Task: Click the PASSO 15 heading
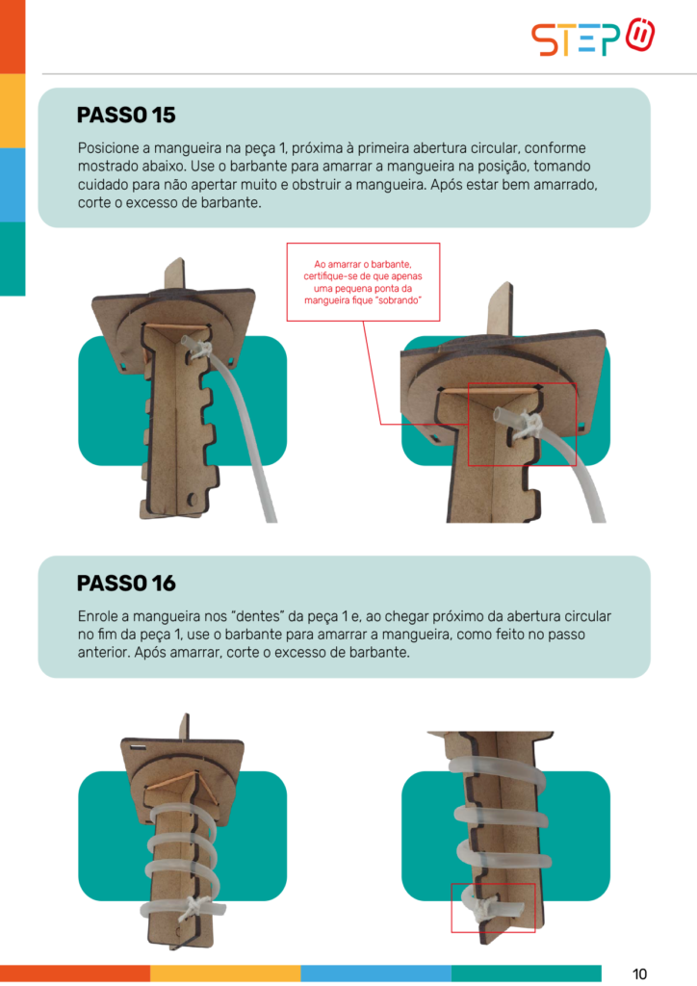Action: (126, 116)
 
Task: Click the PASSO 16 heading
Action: (126, 583)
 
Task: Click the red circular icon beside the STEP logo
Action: (640, 36)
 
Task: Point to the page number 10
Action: (639, 974)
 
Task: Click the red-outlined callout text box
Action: (363, 282)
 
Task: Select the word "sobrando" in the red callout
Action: (399, 300)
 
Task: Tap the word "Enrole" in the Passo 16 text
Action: (96, 616)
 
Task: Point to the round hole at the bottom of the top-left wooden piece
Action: (193, 501)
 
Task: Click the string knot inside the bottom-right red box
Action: (484, 909)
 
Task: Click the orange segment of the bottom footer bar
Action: (75, 973)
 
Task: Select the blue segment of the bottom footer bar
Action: (375, 973)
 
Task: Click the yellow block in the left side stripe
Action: (13, 112)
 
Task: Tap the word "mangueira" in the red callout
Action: (326, 300)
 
